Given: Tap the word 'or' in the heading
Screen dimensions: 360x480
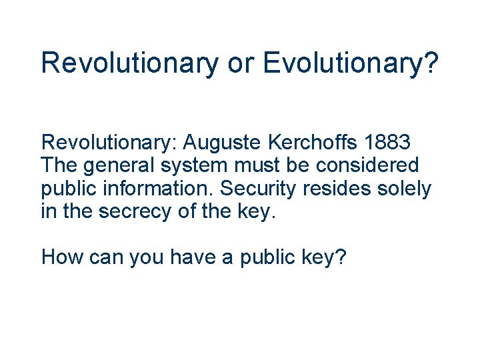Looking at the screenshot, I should click(241, 63).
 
